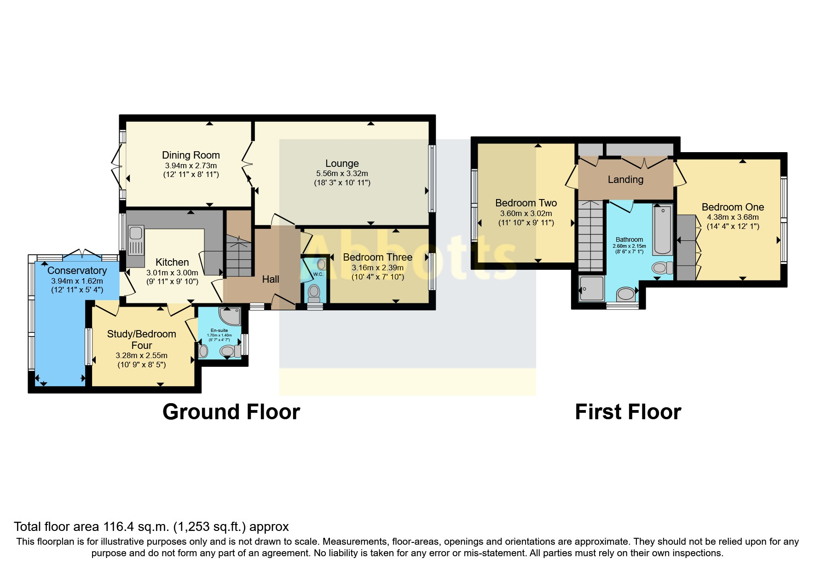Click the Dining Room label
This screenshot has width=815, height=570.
(x=191, y=155)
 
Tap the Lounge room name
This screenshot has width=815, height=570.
(x=342, y=163)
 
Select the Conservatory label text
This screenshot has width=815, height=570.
(x=77, y=270)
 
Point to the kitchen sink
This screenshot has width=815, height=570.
(x=136, y=239)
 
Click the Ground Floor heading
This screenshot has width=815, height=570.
(x=231, y=411)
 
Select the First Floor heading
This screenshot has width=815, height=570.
(x=628, y=411)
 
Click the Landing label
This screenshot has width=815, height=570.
(x=625, y=179)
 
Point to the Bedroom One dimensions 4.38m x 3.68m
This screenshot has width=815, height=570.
(x=733, y=217)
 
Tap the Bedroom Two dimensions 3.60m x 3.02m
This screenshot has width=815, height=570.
(x=526, y=213)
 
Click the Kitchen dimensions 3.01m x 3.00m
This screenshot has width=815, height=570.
(x=172, y=273)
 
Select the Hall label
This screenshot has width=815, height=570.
(x=271, y=279)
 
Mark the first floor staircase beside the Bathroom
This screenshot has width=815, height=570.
(x=590, y=235)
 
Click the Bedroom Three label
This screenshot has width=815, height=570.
(x=378, y=257)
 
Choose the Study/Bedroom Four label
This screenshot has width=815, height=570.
(x=142, y=340)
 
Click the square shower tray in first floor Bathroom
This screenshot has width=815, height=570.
(x=591, y=288)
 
